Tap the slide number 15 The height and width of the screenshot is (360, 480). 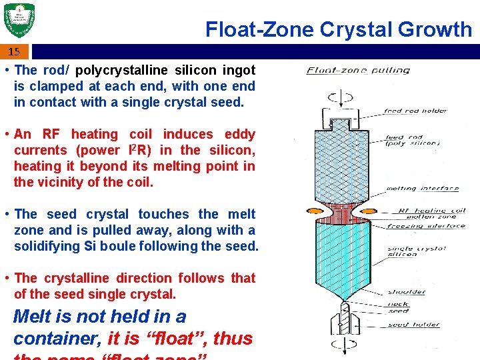14,51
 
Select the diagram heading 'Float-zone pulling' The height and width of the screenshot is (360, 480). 357,70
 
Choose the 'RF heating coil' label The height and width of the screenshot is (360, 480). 431,211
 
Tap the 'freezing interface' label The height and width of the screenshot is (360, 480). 426,226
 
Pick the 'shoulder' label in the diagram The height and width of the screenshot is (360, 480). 406,292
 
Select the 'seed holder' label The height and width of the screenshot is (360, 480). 413,325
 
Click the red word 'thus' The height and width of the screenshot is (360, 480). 233,338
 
